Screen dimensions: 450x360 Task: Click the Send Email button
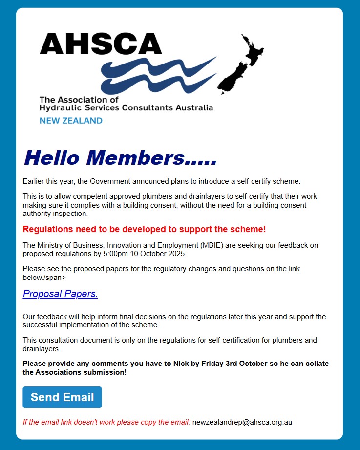[62, 397]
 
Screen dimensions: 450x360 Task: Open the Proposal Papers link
[60, 294]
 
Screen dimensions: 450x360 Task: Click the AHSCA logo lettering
[101, 44]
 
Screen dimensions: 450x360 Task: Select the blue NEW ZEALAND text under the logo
[71, 121]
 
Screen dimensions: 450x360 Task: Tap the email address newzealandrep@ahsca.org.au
[242, 422]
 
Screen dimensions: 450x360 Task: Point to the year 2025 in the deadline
[175, 254]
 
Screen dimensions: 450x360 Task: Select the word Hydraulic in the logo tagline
[58, 107]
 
